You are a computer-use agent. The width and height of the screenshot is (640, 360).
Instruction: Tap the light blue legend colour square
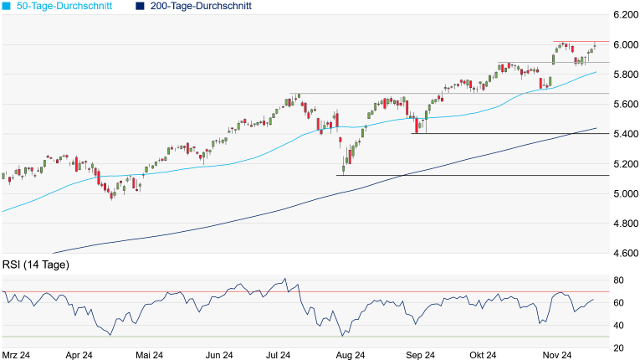point(6,6)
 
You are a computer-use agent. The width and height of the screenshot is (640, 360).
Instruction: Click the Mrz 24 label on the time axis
point(17,355)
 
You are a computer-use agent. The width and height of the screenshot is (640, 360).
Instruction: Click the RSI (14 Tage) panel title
point(36,265)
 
